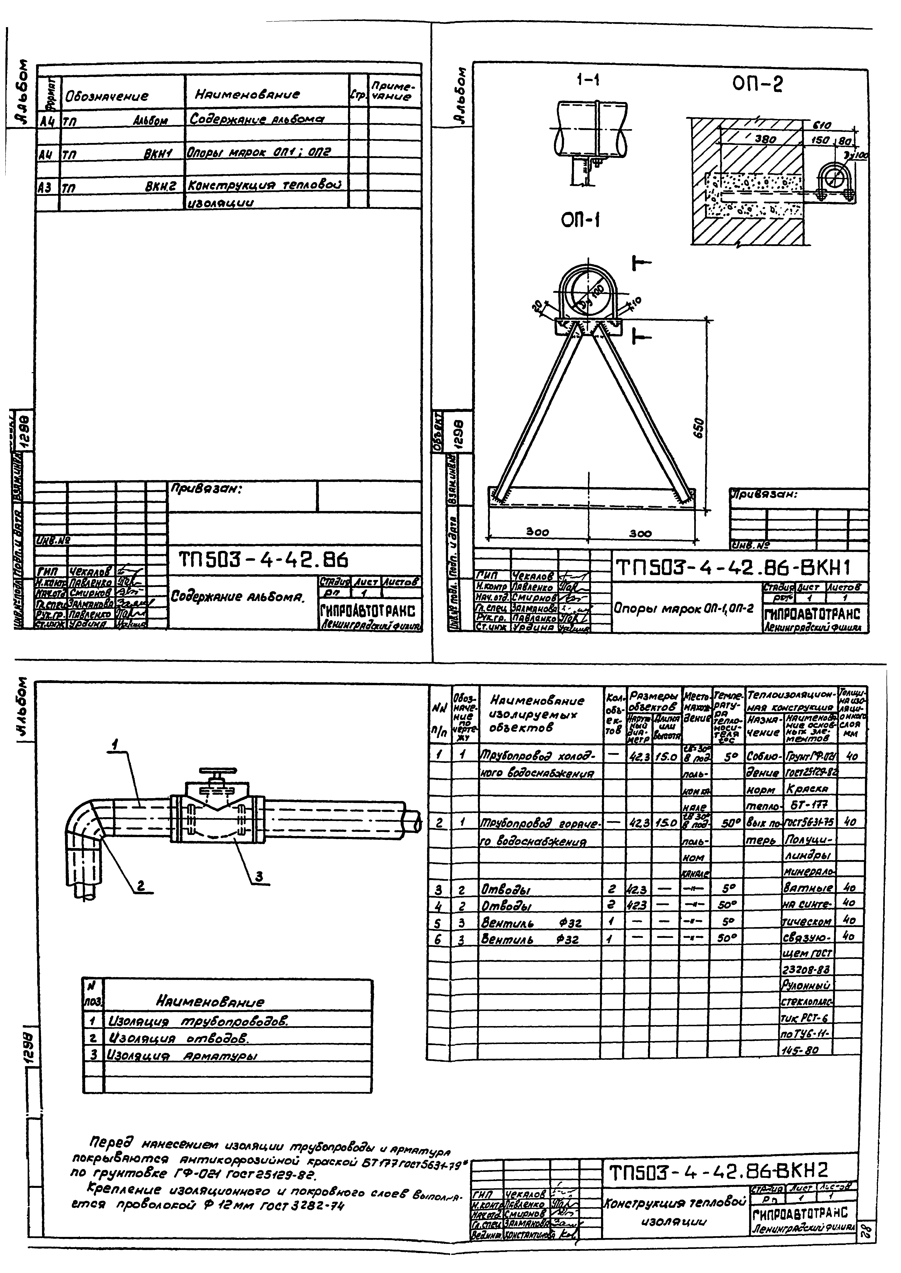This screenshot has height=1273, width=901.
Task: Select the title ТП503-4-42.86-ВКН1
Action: click(x=735, y=567)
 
